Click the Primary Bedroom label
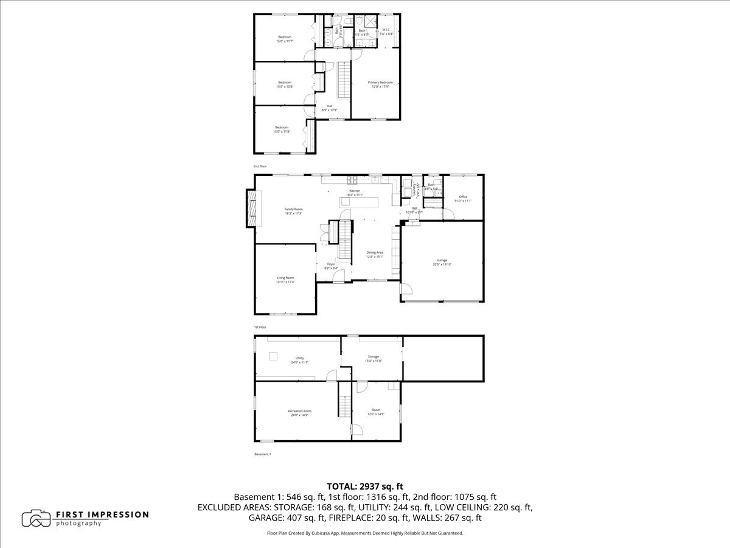coord(380,82)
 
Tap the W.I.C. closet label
coord(386,30)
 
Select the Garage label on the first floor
coord(442,260)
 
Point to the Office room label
coord(463,197)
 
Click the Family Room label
coord(293,209)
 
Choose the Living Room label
coord(285,278)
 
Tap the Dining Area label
coord(375,252)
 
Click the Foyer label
coord(331,264)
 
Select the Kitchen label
coord(355,191)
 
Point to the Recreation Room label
coord(299,411)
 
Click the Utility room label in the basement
coord(299,358)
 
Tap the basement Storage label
coord(373,357)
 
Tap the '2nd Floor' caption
coord(260,166)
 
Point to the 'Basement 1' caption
coord(262,454)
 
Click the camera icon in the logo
coord(36,519)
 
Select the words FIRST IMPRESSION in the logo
coord(102,515)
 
